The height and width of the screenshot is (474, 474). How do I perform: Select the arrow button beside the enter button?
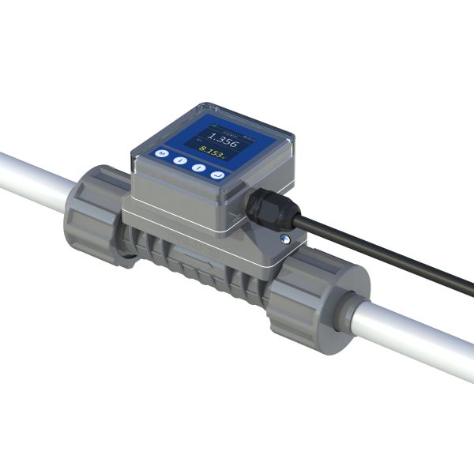coord(198,165)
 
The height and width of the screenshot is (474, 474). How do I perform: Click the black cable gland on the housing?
coord(262,207)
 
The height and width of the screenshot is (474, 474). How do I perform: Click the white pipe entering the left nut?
coord(32,179)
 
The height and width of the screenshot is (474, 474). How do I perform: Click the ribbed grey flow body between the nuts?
coord(205,269)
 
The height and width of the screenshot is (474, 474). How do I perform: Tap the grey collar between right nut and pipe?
coord(348,311)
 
